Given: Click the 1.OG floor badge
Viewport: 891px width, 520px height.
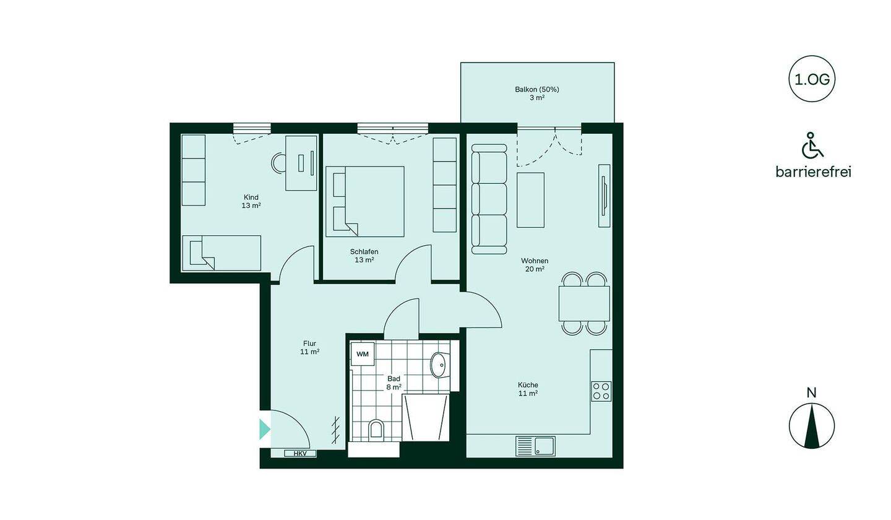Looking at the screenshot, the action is click(811, 79).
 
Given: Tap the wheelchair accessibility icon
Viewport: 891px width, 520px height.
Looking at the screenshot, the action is click(812, 145).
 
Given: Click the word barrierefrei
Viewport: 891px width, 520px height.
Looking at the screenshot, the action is click(814, 172).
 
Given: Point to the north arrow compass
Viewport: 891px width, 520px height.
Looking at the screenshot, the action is click(811, 426).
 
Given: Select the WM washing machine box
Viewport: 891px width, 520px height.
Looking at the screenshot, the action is click(363, 353).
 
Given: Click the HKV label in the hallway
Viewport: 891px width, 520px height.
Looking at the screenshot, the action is click(300, 453).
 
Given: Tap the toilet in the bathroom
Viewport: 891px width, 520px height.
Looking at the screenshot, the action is click(376, 430).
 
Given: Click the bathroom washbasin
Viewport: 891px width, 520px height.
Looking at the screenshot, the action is click(439, 365).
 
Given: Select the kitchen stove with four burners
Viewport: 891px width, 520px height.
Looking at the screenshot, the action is click(601, 391).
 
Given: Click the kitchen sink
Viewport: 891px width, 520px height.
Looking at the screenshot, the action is click(535, 446).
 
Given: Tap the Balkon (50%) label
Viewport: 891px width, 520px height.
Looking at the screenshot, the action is click(537, 90).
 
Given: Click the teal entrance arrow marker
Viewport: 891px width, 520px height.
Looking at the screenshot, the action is click(265, 430).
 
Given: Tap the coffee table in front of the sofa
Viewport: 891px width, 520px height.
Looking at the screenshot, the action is click(531, 200).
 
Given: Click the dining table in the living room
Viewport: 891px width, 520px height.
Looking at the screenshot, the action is click(584, 303).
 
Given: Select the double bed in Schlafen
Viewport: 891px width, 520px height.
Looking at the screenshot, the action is click(365, 201).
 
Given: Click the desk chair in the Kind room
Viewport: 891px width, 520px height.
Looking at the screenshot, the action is click(278, 163).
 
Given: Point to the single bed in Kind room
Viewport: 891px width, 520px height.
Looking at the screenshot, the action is click(222, 253).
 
